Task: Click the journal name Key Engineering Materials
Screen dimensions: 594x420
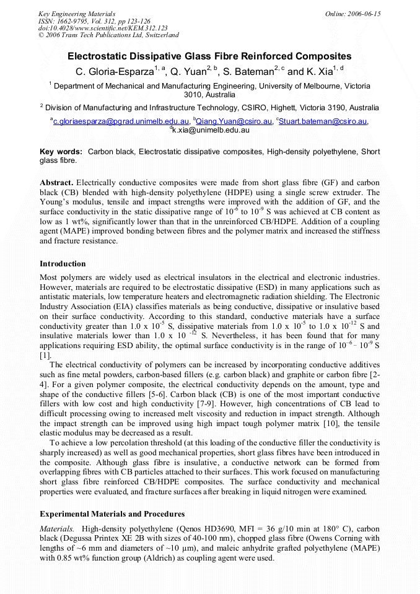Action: [76, 14]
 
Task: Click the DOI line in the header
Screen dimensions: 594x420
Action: [103, 28]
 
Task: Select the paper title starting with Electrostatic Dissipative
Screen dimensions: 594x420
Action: [209, 56]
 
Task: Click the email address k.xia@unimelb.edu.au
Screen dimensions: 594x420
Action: [211, 131]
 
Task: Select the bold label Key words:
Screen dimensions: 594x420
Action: [61, 152]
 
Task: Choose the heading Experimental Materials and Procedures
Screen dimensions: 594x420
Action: [112, 514]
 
